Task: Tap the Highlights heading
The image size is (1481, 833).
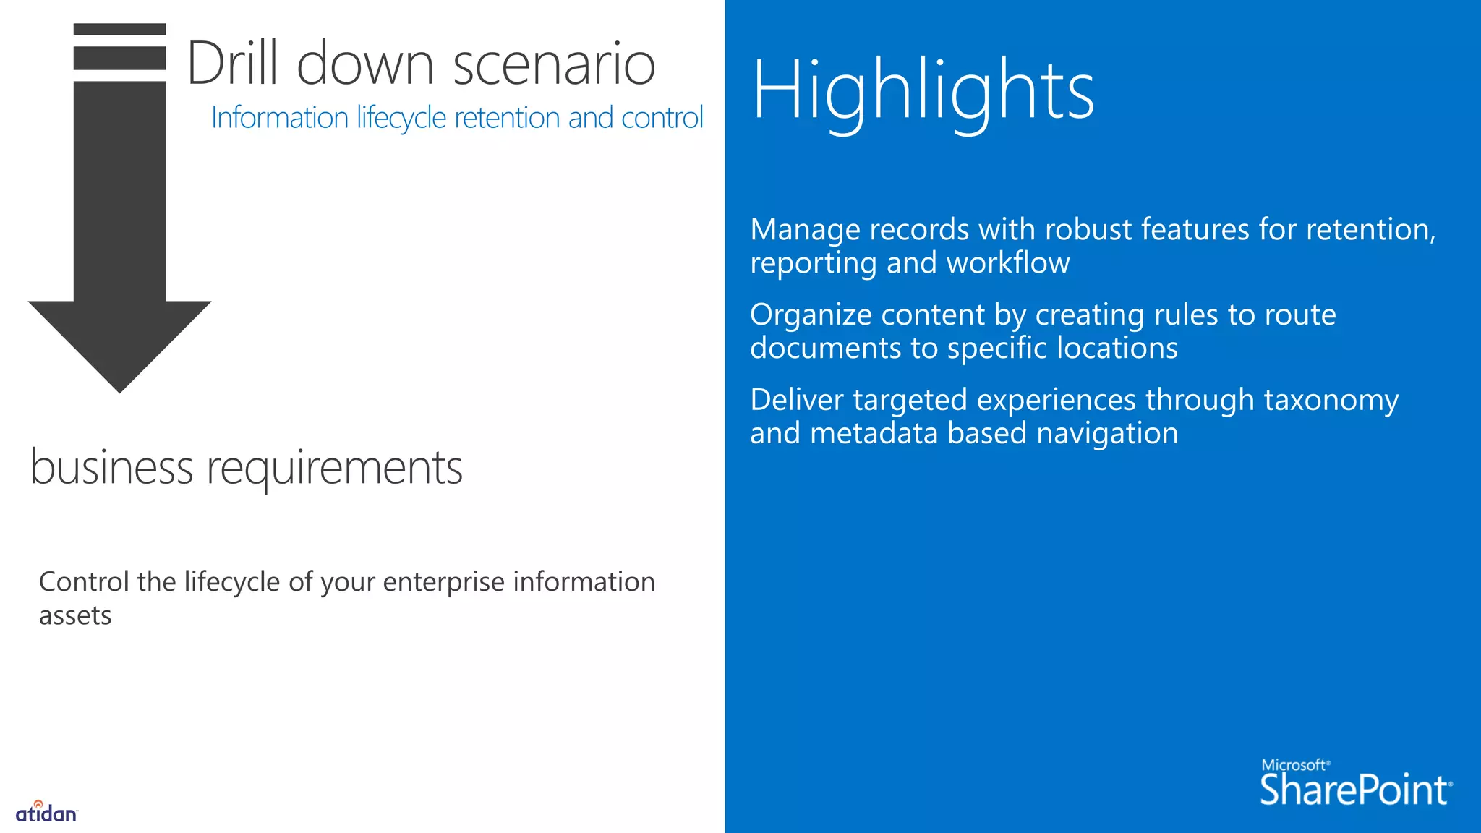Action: pos(923,91)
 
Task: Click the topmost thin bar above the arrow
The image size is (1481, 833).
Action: pos(120,30)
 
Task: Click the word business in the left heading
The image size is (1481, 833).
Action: pos(111,467)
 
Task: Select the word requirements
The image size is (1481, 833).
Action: pos(334,469)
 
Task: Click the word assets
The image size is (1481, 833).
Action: pos(75,616)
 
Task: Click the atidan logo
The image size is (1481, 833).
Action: pos(46,813)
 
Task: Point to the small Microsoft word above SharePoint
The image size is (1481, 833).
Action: pos(1294,765)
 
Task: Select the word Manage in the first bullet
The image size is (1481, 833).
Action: pos(805,231)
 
